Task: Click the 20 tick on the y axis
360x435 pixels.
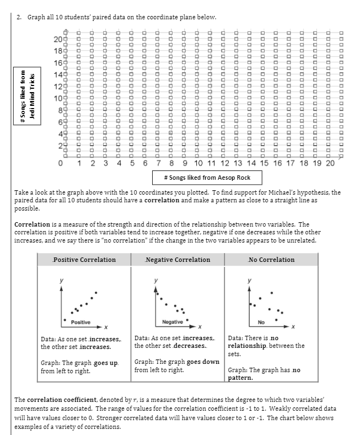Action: [57, 39]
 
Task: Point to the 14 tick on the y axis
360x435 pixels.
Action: [57, 75]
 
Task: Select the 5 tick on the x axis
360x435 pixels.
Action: [132, 163]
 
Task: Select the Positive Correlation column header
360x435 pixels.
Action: [84, 260]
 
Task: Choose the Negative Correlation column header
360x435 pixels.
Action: [178, 260]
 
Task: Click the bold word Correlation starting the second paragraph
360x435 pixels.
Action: [31, 224]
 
